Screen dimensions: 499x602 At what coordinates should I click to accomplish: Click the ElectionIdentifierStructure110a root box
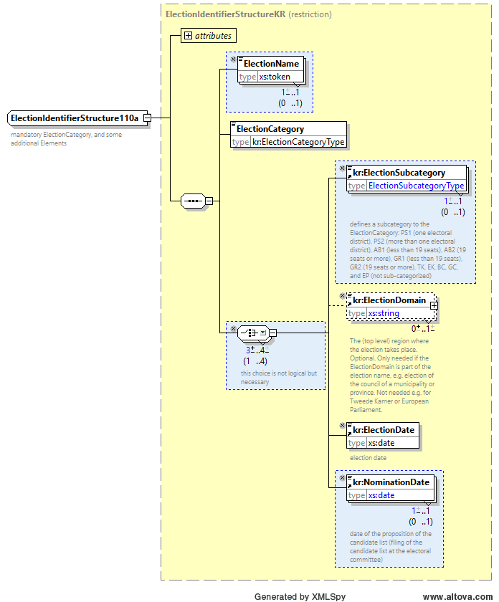[x=77, y=118]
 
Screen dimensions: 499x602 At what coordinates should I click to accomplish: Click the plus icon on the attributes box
[x=188, y=35]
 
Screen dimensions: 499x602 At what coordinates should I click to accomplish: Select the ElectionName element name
[x=271, y=64]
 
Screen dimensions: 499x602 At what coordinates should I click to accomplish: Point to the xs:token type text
[x=275, y=77]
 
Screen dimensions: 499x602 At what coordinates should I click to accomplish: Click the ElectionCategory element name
[x=270, y=129]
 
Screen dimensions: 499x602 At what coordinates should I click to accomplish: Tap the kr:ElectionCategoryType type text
[x=298, y=142]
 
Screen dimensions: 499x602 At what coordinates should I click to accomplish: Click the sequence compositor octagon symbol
[x=194, y=201]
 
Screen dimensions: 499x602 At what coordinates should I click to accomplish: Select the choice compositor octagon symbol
[x=253, y=333]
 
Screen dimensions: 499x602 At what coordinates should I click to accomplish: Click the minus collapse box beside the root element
[x=147, y=118]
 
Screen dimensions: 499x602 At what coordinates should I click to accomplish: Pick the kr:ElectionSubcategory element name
[x=399, y=173]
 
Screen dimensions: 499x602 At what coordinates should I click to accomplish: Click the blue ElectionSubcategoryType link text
[x=416, y=186]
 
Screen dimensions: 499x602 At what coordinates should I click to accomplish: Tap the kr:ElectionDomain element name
[x=389, y=300]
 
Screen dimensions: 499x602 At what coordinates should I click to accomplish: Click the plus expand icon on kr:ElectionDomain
[x=434, y=305]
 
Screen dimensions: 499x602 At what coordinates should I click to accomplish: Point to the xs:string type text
[x=384, y=313]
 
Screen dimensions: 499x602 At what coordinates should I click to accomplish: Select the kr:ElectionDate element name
[x=384, y=430]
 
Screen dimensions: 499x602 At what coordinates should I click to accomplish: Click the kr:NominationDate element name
[x=391, y=482]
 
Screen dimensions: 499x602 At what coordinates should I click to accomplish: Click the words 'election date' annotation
[x=368, y=458]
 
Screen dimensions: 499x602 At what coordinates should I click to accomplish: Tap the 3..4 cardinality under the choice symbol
[x=257, y=350]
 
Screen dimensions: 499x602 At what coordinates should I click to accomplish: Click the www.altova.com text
[x=457, y=596]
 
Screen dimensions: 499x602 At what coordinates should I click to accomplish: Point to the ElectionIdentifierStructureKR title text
[x=226, y=14]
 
